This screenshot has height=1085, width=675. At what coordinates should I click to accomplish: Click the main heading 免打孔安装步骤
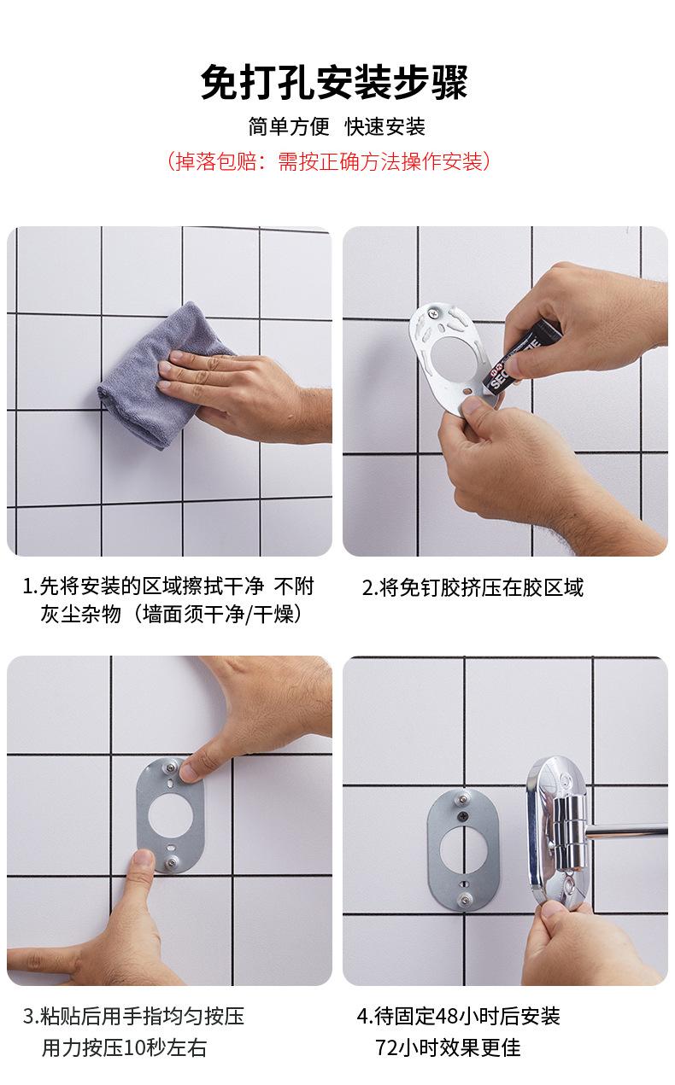click(334, 84)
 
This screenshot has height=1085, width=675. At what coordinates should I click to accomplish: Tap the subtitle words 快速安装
click(384, 127)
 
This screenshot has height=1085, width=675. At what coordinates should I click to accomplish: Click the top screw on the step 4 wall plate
click(459, 799)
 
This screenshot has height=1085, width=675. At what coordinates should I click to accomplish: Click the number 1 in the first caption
click(27, 586)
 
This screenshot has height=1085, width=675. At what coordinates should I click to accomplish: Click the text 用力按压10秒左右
click(124, 1048)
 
